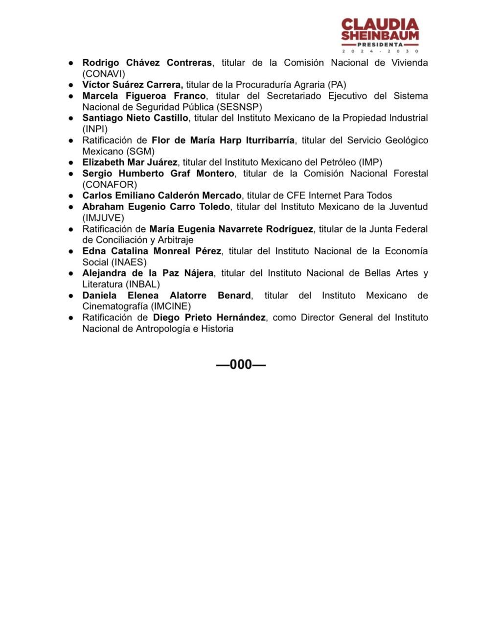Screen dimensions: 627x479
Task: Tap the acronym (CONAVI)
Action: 104,74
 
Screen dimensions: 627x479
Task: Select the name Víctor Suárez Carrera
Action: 132,85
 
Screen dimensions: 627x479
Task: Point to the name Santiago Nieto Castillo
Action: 135,118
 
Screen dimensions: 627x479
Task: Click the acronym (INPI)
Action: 95,129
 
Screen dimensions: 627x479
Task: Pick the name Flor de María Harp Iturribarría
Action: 223,141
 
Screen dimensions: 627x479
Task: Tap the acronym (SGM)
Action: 141,151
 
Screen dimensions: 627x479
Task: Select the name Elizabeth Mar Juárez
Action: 130,162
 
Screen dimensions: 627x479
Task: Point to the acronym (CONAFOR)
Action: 110,185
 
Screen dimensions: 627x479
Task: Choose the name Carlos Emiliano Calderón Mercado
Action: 162,195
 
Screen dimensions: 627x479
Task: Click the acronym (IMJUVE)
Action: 103,218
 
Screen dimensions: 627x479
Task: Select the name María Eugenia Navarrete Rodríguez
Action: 231,229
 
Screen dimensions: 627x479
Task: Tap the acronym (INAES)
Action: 129,262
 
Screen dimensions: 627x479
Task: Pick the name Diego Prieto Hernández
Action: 209,317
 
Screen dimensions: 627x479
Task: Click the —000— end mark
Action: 241,364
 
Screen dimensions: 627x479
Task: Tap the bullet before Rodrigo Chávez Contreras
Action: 71,63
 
